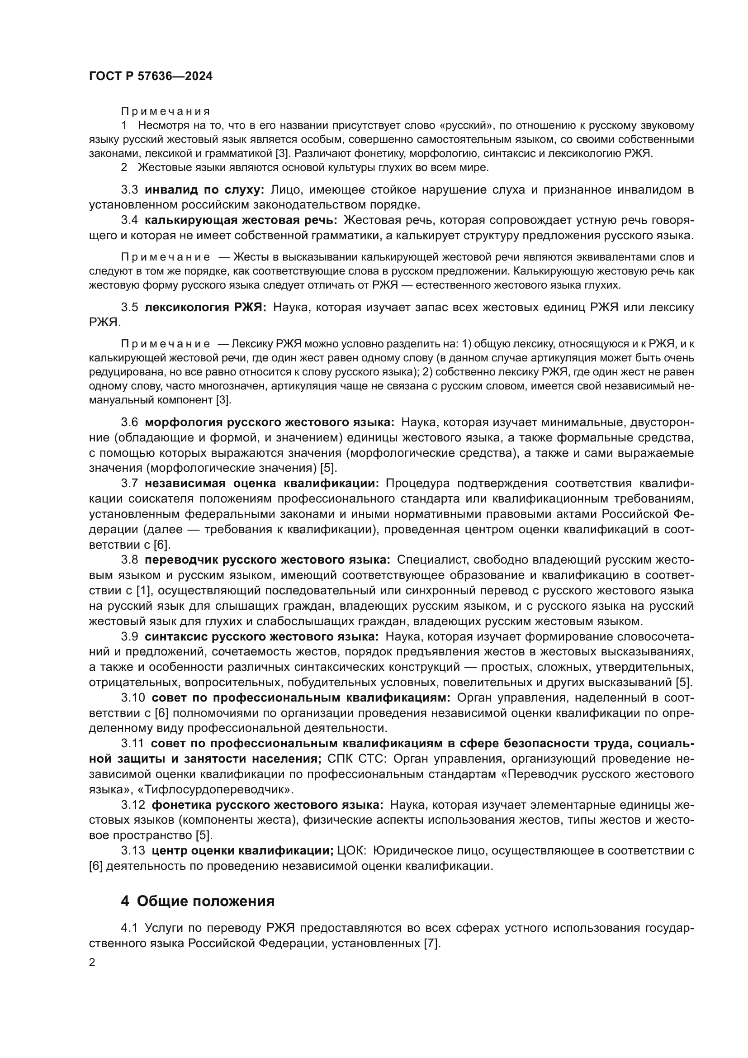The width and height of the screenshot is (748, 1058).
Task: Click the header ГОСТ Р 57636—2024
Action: (151, 76)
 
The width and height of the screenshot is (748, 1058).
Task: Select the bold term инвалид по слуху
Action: (204, 190)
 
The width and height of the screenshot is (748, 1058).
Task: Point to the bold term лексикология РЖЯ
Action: (205, 307)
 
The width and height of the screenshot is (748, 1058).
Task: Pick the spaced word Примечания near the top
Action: (166, 112)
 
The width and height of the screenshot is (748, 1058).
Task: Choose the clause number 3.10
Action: (133, 697)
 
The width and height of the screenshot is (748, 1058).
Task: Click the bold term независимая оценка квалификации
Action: (261, 484)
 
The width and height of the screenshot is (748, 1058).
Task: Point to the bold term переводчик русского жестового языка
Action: (267, 560)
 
